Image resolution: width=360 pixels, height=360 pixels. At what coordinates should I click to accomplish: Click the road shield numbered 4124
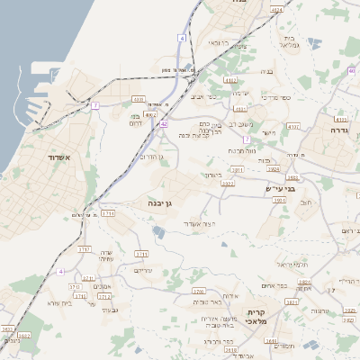276,10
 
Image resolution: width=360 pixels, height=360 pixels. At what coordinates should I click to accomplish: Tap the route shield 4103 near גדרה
341,118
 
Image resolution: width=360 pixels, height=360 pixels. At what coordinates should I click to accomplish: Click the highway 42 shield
165,124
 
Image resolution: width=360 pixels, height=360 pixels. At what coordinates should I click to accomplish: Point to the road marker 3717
85,248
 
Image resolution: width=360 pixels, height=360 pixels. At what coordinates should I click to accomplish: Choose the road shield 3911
238,168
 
